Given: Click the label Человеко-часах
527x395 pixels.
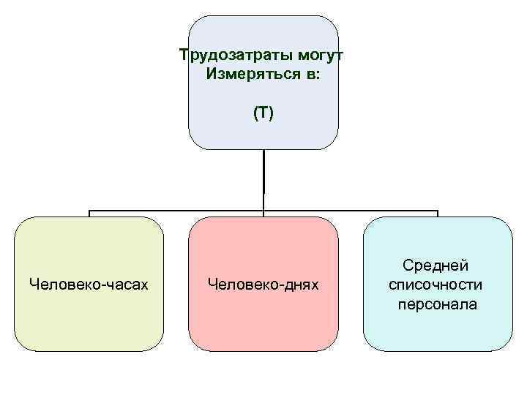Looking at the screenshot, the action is click(x=88, y=283).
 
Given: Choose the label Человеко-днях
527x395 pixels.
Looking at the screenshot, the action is click(x=263, y=283).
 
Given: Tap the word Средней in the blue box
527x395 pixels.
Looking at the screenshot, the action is click(x=437, y=266).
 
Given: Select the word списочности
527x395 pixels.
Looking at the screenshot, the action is click(x=437, y=284).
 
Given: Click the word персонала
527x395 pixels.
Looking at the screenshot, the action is click(x=437, y=302).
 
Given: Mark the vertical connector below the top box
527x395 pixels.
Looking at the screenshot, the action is click(x=263, y=179).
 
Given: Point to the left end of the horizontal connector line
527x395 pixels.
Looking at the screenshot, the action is click(x=90, y=212).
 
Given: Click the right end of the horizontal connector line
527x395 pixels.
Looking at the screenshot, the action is click(x=438, y=212).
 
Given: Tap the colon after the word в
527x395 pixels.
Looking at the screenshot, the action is click(x=318, y=75).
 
